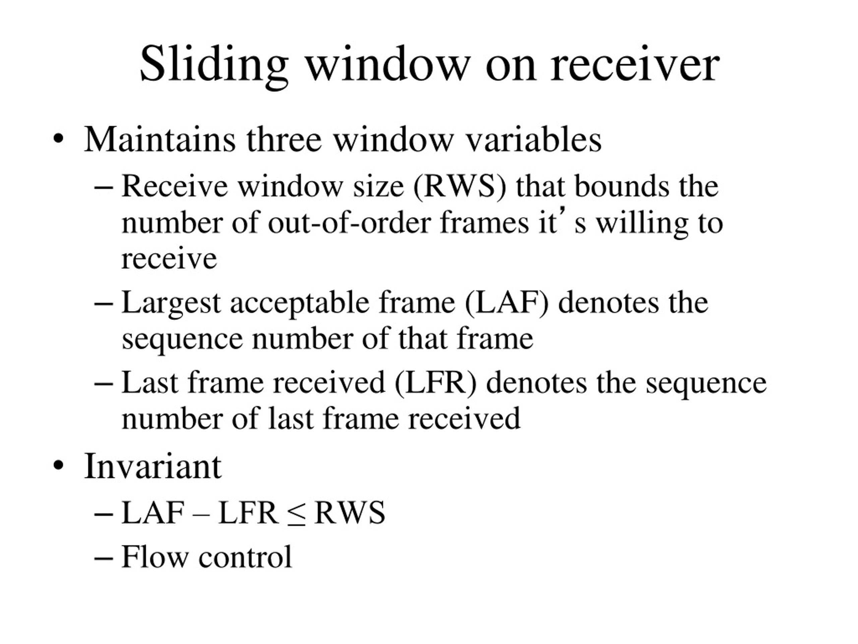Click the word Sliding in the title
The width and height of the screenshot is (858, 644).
tap(214, 65)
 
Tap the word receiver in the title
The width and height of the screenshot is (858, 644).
tap(635, 64)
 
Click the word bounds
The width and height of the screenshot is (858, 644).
tap(622, 186)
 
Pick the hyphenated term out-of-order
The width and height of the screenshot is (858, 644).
tap(349, 223)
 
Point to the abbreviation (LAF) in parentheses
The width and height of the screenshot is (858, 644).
tap(506, 303)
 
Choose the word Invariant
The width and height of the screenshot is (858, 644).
tap(153, 466)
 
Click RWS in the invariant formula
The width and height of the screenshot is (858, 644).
tap(350, 513)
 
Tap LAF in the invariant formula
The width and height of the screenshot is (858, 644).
tap(153, 513)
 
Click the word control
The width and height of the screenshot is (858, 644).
tap(245, 557)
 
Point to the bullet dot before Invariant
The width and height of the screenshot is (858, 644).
tap(58, 466)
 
